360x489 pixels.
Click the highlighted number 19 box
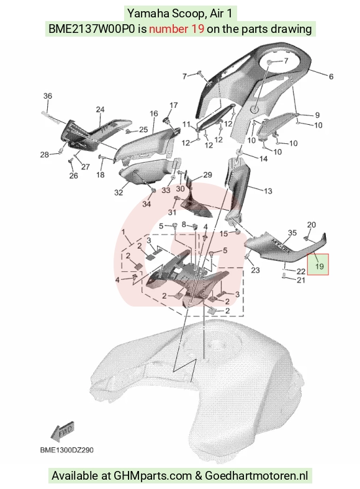(318, 264)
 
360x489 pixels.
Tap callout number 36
(47, 96)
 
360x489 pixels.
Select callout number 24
(100, 109)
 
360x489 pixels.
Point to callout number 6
(331, 76)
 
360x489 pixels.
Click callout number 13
(268, 191)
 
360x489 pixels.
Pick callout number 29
(207, 175)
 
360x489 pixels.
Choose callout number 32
(119, 192)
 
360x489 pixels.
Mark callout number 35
(292, 233)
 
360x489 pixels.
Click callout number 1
(124, 232)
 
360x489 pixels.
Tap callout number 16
(154, 114)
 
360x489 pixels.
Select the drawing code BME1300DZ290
(67, 450)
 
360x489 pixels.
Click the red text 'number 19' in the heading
(176, 29)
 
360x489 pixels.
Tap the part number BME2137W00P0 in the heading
(92, 29)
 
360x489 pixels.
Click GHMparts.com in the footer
(153, 476)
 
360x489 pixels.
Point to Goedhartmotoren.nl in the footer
(256, 476)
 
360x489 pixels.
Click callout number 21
(301, 280)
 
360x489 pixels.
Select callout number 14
(263, 159)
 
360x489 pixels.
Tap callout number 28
(45, 155)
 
